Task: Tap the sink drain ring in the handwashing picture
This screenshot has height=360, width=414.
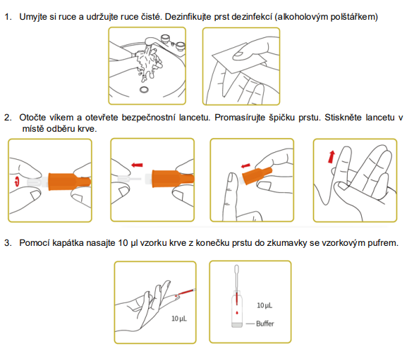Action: pos(144,89)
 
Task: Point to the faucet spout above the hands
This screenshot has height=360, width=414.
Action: pos(152,42)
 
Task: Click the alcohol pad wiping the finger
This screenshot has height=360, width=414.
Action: pos(240,58)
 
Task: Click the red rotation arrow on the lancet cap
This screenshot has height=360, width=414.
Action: pos(17,182)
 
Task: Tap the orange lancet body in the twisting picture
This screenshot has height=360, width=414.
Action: pos(69,182)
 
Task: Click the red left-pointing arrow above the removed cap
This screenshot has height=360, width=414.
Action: pos(137,165)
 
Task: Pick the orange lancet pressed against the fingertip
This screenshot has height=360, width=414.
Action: pos(257,175)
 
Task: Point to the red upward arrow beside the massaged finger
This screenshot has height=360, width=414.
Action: pos(331,156)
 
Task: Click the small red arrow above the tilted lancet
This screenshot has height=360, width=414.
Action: pos(245,166)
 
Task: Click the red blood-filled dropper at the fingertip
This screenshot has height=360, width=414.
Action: pos(187,292)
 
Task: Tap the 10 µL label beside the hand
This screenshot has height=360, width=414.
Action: pos(179,318)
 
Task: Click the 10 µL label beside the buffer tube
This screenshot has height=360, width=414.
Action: pos(264,306)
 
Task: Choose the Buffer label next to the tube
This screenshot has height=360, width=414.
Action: pos(265,323)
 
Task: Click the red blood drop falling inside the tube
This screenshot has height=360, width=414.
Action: pos(237,313)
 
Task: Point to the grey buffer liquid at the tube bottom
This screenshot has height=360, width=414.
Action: pos(237,325)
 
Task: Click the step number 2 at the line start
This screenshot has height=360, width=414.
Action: pos(7,118)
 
